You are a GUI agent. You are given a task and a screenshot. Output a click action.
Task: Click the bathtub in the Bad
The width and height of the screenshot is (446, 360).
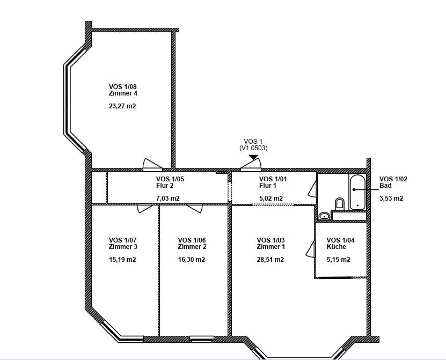[x=357, y=193]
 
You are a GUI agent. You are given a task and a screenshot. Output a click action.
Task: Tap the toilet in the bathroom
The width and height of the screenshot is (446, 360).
[x=340, y=204]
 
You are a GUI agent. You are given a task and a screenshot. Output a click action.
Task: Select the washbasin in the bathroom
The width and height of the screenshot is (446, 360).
[x=324, y=216]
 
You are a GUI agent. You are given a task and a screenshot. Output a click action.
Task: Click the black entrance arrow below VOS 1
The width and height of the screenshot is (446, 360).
[x=253, y=157]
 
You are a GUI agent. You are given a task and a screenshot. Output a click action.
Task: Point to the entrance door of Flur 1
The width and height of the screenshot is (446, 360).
[x=251, y=165]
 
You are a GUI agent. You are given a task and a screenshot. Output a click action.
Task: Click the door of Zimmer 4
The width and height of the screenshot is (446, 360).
[x=152, y=165]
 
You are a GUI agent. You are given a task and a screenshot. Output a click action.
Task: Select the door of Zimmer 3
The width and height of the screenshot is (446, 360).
[x=145, y=208]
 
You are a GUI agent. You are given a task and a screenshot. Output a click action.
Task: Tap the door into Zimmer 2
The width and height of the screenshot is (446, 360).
[x=194, y=208]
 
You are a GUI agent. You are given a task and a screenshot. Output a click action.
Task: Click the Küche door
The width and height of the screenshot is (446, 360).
[x=311, y=249]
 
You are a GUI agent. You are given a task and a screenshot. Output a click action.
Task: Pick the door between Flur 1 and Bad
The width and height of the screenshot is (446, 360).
[x=312, y=188]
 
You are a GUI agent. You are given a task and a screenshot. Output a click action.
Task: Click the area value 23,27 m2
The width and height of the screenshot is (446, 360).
[x=122, y=106]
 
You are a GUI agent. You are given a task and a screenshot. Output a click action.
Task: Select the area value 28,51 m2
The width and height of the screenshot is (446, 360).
[x=270, y=259]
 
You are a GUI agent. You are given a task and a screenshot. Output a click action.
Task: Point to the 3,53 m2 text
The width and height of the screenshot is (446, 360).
[x=391, y=198]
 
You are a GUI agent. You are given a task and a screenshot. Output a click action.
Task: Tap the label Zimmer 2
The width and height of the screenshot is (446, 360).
[x=192, y=247]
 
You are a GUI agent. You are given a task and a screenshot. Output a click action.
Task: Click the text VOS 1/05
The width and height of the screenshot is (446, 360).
[x=170, y=179]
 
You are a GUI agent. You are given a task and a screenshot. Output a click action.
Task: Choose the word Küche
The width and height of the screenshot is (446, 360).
[x=336, y=247]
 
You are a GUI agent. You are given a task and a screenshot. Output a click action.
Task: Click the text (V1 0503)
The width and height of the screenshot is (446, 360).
[x=253, y=148]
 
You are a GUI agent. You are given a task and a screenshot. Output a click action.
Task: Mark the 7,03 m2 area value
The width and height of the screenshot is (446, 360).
[x=168, y=198]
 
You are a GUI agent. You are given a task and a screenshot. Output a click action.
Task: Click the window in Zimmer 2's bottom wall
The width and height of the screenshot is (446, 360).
[x=202, y=339]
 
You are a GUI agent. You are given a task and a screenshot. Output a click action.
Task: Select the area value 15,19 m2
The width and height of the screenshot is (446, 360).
[x=122, y=259]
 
